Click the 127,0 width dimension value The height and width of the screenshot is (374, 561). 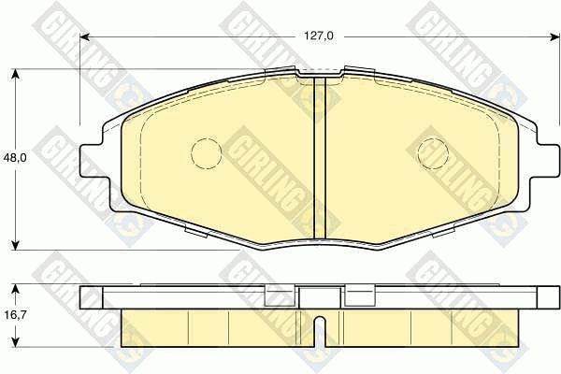point(319,36)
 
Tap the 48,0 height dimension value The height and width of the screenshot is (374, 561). point(15,158)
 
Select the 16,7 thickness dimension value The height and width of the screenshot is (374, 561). point(14,315)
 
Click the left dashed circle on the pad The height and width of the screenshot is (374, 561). point(207,153)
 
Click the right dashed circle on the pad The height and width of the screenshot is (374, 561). point(433,153)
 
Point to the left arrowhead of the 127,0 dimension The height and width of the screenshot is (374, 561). point(84,36)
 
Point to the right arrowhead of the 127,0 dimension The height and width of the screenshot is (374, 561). point(554,36)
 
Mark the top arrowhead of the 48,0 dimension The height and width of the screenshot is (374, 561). point(15,73)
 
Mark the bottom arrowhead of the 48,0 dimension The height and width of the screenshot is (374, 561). point(15,245)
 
